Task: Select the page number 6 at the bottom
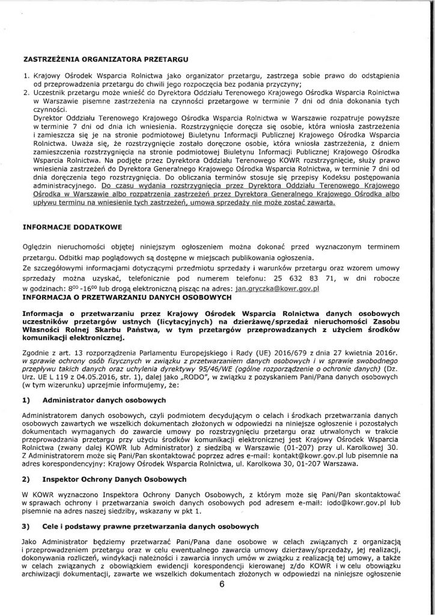click(x=221, y=604)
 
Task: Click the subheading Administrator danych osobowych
click(x=105, y=399)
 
